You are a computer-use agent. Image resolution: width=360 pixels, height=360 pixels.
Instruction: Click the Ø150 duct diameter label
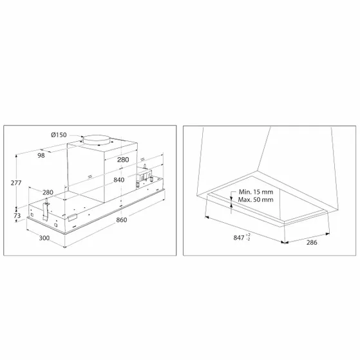tap(59, 135)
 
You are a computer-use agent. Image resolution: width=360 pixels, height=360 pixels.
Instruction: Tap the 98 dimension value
tap(41, 155)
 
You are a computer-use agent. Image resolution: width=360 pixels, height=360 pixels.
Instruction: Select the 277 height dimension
tap(16, 183)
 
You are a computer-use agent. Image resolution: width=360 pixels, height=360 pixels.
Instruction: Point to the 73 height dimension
tap(17, 215)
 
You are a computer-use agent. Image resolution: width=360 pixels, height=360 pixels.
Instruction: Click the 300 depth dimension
tap(44, 238)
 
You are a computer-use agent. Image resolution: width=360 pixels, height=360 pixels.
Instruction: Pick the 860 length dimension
tap(122, 220)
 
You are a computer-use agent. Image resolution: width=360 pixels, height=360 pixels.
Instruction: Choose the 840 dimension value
tap(119, 180)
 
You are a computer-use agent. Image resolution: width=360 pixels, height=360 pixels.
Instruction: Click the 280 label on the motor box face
tap(123, 160)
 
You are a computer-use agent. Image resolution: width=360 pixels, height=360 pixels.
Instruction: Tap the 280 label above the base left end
tap(48, 193)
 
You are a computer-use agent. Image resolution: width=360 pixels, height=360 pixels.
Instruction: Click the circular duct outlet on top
tap(96, 140)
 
